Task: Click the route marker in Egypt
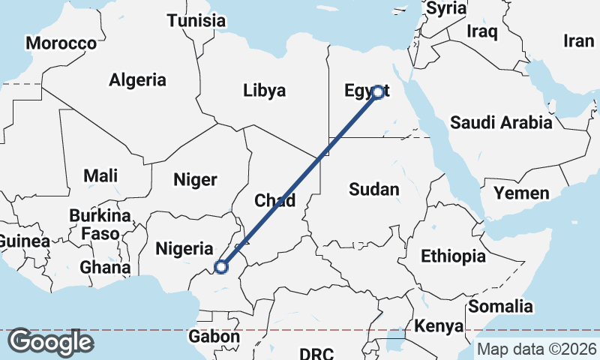378,92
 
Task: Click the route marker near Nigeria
221,266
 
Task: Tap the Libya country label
264,91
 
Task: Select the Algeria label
138,79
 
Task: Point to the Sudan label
373,190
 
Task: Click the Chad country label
275,200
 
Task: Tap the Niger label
195,179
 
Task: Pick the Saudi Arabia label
501,122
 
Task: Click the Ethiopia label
453,256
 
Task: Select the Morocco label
61,43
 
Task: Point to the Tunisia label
196,20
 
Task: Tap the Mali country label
100,176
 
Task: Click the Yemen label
521,194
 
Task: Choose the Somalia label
501,306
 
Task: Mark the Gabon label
214,337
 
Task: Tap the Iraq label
482,31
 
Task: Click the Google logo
49,342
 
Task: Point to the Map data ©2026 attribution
537,349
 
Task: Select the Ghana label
106,267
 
